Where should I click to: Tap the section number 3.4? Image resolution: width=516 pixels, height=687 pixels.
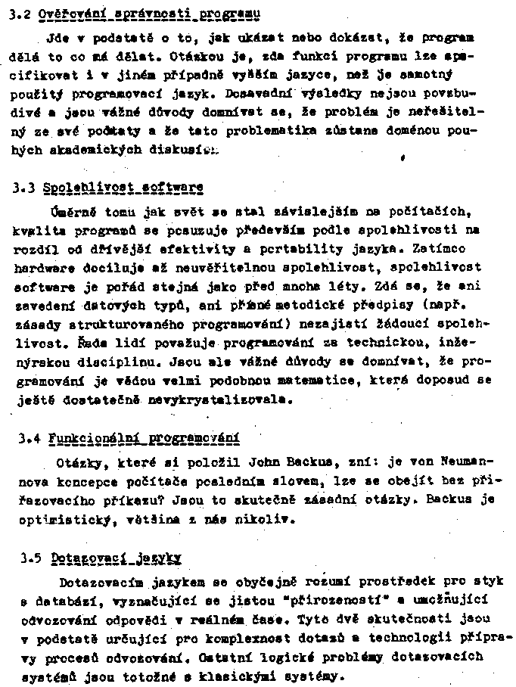28,437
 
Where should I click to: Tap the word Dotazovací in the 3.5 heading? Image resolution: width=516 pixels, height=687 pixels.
83,559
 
